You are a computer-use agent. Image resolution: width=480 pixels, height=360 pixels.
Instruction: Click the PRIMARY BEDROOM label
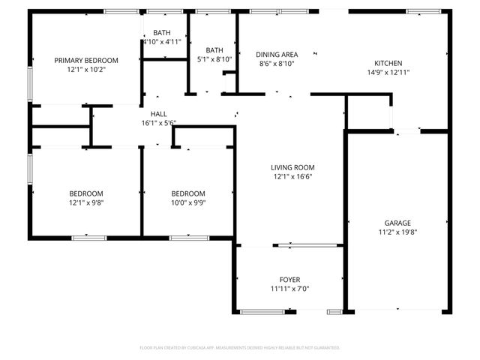pyautogui.click(x=86, y=60)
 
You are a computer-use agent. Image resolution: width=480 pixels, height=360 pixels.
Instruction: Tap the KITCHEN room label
pyautogui.click(x=388, y=63)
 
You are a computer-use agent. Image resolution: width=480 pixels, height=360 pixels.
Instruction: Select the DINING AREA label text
pyautogui.click(x=277, y=55)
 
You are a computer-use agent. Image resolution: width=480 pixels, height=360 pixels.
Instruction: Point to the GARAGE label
pyautogui.click(x=397, y=223)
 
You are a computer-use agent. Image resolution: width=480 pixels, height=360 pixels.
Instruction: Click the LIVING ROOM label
pyautogui.click(x=292, y=167)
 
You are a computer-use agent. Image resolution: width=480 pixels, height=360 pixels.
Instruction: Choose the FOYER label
pyautogui.click(x=289, y=280)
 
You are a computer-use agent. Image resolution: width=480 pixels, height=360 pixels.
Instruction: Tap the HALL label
pyautogui.click(x=158, y=113)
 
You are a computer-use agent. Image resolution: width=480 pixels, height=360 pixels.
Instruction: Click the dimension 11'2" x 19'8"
pyautogui.click(x=397, y=232)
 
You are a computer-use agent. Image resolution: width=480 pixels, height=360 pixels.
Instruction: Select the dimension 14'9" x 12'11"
pyautogui.click(x=388, y=73)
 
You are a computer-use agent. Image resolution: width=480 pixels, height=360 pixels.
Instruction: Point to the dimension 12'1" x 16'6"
pyautogui.click(x=292, y=177)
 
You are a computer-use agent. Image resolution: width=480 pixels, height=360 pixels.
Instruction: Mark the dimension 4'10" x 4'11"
pyautogui.click(x=162, y=42)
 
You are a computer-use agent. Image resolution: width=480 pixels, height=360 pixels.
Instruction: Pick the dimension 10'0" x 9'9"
pyautogui.click(x=187, y=202)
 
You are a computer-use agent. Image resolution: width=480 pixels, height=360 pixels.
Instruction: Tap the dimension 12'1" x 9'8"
pyautogui.click(x=86, y=202)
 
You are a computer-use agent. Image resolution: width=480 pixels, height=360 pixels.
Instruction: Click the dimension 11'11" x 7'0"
pyautogui.click(x=289, y=289)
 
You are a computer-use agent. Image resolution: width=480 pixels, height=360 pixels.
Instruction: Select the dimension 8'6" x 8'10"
pyautogui.click(x=277, y=64)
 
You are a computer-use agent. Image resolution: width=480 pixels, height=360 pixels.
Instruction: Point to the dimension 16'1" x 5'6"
pyautogui.click(x=158, y=123)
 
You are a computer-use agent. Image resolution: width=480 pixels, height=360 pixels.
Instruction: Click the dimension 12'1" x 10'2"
pyautogui.click(x=86, y=70)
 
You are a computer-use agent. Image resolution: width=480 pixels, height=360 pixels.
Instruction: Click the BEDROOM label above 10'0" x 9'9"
pyautogui.click(x=187, y=193)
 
